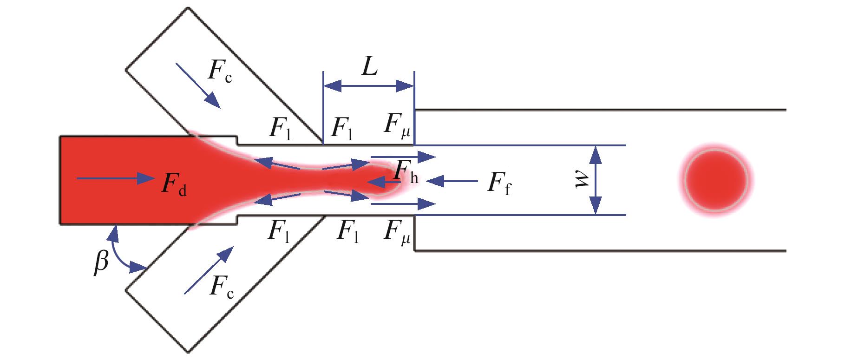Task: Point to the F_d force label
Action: tap(174, 184)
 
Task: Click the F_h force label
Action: tap(406, 173)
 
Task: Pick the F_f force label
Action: tap(498, 184)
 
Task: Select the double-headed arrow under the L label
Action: tap(368, 86)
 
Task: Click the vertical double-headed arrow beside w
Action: tap(596, 180)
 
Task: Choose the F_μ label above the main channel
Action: tap(397, 125)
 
